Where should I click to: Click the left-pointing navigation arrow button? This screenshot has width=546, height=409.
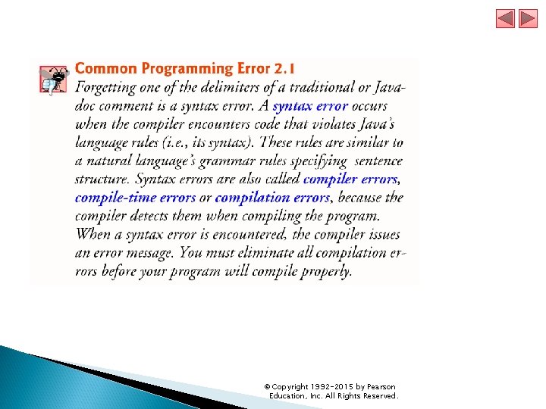point(505,19)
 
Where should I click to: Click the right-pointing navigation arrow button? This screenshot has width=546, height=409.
point(528,19)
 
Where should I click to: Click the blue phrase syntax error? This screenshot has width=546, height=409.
point(310,106)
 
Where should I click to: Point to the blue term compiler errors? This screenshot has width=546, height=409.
point(350,179)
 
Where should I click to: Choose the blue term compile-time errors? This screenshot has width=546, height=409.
point(133,197)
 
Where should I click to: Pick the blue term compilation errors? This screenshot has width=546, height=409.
point(272,197)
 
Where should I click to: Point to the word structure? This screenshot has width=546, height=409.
point(101,180)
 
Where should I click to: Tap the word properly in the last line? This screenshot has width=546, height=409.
point(326,270)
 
